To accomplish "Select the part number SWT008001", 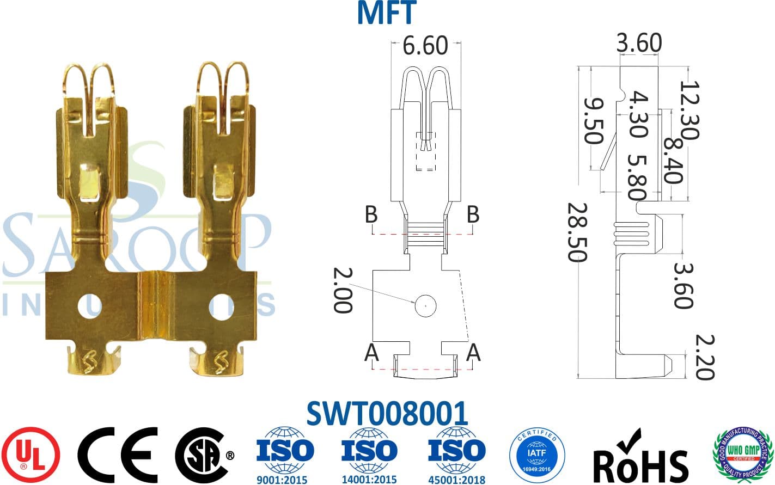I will tap(387, 414).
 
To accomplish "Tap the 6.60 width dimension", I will tap(425, 46).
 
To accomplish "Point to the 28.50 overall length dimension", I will tap(577, 232).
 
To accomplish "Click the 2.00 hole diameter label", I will tap(343, 290).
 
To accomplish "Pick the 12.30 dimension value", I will tap(689, 110).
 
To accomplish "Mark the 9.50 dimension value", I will tap(593, 120).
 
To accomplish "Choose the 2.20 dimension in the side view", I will tap(704, 357).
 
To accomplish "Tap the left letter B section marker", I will tap(371, 214).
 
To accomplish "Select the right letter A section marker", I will tap(473, 353).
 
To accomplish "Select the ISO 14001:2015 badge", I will tap(369, 455).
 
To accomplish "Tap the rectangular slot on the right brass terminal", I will tap(222, 182).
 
